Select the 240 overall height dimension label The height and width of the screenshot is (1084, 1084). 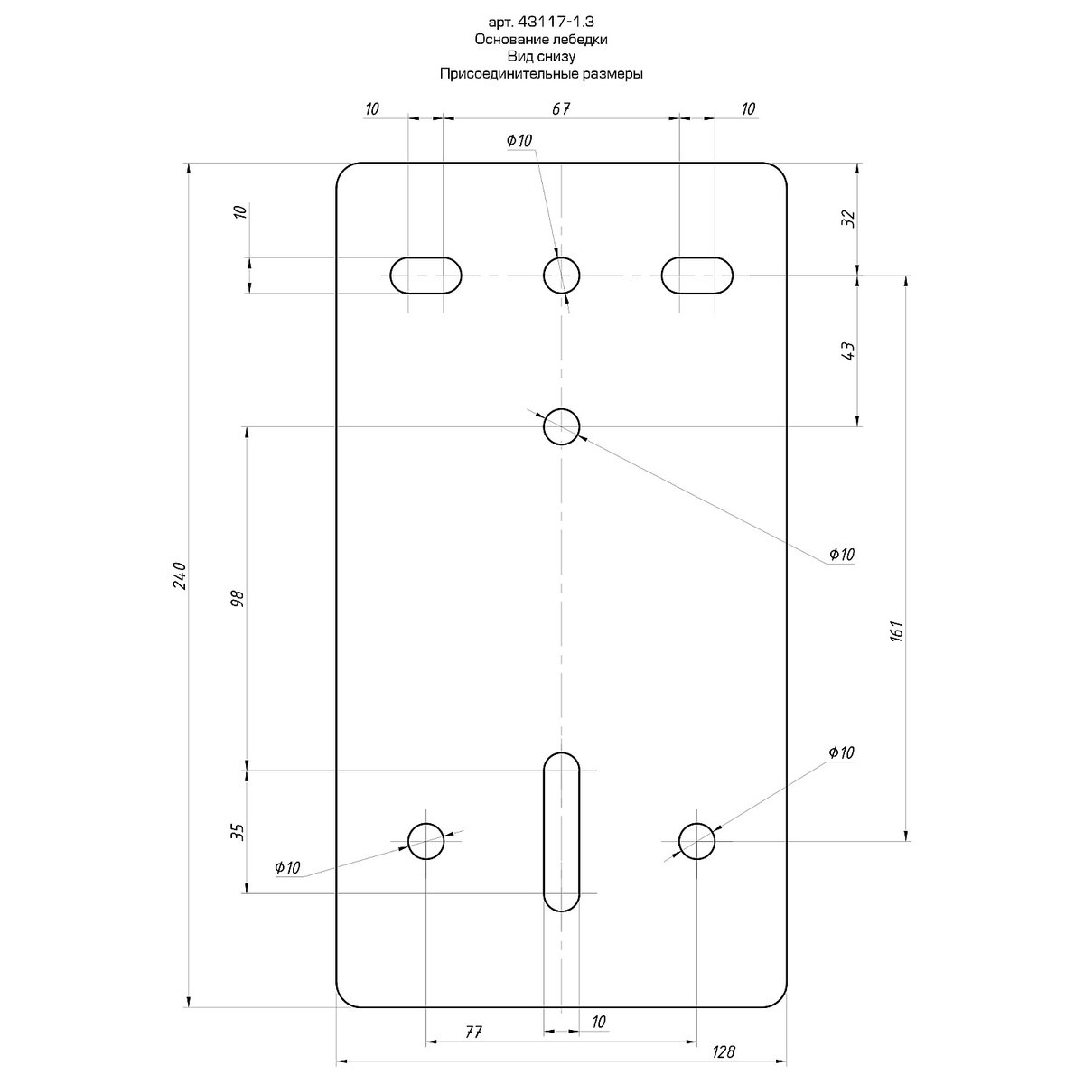coord(180,575)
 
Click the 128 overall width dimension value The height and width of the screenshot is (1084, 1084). coord(724,1051)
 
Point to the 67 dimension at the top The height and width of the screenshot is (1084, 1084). coord(561,108)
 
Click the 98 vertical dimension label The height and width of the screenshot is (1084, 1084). coord(238,598)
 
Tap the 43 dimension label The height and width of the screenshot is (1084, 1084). coord(849,351)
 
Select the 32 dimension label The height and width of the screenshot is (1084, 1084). coord(849,218)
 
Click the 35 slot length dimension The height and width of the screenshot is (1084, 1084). coord(238,832)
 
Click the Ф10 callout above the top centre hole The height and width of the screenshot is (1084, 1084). coord(519,140)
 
